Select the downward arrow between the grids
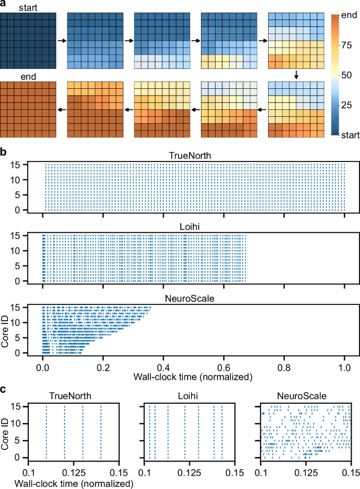pos(297,76)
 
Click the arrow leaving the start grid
pos(61,40)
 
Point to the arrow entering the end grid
pos(61,109)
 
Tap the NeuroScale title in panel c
pos(306,394)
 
